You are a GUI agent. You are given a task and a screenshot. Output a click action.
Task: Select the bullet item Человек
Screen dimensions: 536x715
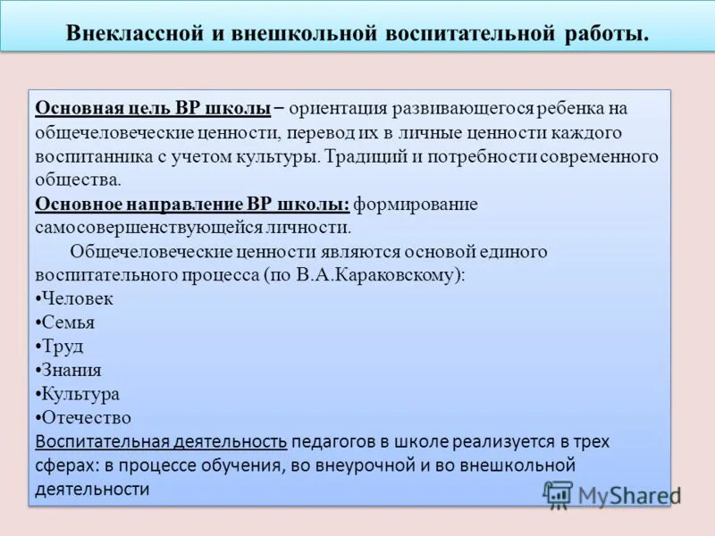pos(77,299)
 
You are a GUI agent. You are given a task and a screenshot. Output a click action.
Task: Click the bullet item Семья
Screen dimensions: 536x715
pos(68,323)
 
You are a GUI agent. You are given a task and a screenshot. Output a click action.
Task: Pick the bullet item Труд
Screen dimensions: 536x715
pos(63,347)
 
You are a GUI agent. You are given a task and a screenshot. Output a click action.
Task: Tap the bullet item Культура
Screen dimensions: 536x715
pos(80,394)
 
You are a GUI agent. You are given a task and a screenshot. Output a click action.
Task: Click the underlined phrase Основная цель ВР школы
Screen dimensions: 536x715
pos(153,108)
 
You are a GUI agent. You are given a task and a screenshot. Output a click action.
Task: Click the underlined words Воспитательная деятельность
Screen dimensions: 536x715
pos(162,441)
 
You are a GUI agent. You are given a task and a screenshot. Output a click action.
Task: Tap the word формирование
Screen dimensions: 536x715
pos(416,204)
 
